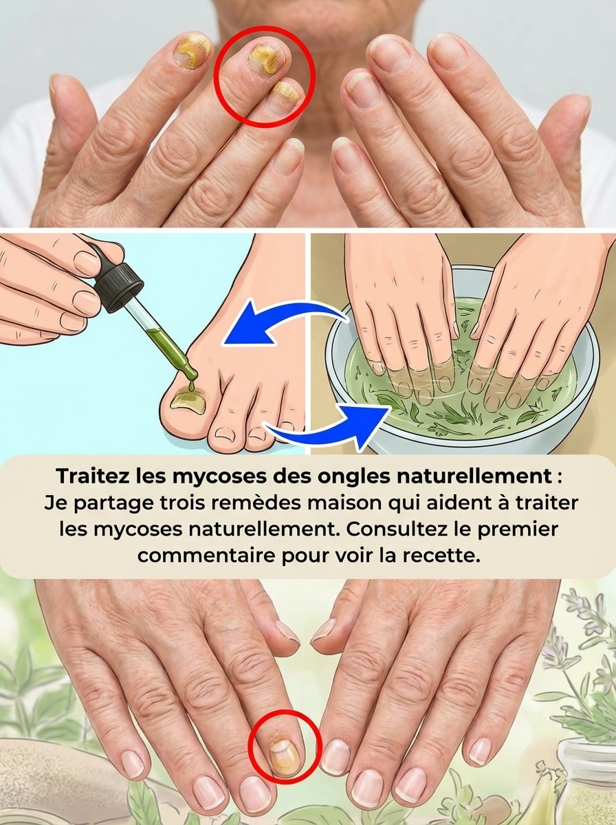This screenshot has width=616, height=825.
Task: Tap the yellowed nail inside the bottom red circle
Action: pyautogui.click(x=283, y=751)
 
